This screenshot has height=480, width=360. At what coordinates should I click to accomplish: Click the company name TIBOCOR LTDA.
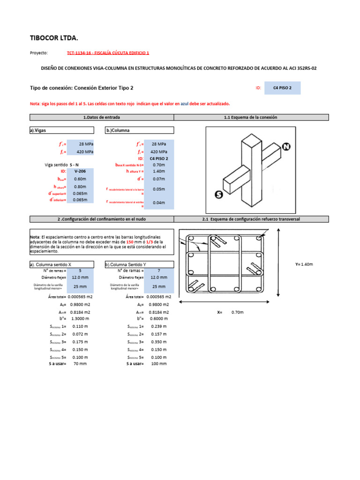click(54, 37)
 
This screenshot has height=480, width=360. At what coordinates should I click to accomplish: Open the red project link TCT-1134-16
click(108, 53)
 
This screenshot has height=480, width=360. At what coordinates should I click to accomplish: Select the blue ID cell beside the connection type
click(282, 88)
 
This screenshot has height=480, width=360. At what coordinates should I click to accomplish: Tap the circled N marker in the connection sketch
click(285, 147)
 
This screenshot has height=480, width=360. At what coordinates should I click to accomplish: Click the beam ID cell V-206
click(80, 172)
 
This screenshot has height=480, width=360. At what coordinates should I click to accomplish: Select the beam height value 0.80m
click(80, 187)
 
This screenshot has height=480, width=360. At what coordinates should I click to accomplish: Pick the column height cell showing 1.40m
click(159, 172)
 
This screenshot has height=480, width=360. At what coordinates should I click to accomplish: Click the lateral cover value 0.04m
click(159, 203)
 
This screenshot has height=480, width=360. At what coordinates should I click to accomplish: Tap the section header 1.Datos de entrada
click(101, 117)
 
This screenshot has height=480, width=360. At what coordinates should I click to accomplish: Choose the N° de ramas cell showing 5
click(80, 270)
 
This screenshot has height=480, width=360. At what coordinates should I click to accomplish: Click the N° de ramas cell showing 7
click(159, 270)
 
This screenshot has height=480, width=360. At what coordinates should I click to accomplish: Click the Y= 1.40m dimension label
click(304, 264)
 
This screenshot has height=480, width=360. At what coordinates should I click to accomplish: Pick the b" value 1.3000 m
click(80, 318)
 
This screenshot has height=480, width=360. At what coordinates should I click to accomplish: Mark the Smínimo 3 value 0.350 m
click(158, 342)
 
